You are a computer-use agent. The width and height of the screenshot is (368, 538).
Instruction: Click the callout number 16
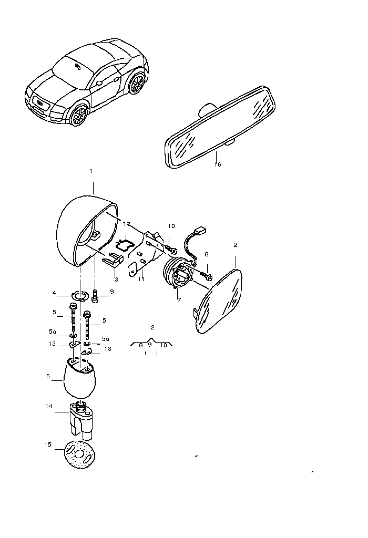pos(218,164)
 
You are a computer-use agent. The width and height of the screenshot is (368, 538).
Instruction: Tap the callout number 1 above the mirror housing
pos(91,171)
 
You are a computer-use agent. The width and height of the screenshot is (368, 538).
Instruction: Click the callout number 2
pos(236,245)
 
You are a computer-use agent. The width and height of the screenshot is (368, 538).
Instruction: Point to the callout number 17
pos(127,224)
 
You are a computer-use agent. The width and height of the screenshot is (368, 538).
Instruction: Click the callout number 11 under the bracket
pos(141,279)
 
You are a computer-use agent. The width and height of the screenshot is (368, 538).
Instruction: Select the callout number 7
pos(179,300)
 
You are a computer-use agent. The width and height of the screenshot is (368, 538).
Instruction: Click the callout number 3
pos(116,280)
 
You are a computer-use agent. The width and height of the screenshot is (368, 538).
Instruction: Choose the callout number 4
pos(54,293)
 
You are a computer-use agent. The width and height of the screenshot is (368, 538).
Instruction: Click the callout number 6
pos(48,376)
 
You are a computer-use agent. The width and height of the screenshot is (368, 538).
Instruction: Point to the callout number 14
pos(49,406)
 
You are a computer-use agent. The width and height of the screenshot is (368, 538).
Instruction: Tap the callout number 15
pos(48,444)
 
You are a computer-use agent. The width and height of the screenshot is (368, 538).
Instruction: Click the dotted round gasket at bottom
pos(80,454)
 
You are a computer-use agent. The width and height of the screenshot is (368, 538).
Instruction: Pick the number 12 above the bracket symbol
pos(151,327)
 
